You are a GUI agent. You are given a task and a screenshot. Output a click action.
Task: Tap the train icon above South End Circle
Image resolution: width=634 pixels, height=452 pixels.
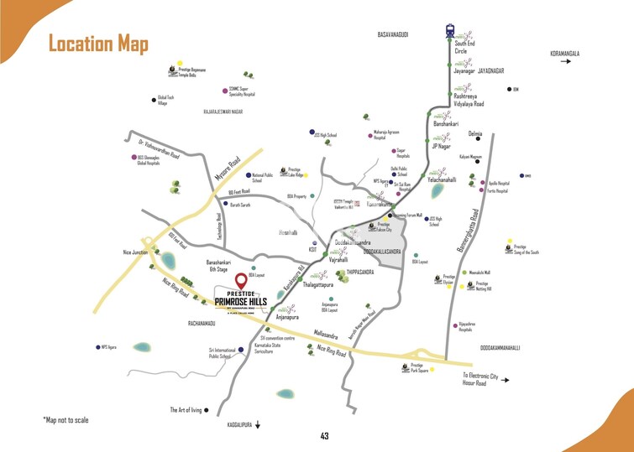(x=450, y=31)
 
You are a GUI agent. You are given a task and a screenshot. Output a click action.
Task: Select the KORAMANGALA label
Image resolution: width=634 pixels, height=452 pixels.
(x=564, y=55)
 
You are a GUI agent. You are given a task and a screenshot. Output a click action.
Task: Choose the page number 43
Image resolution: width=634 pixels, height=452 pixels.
(x=324, y=435)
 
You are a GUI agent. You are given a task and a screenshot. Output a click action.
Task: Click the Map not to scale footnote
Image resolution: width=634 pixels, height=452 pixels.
(x=65, y=419)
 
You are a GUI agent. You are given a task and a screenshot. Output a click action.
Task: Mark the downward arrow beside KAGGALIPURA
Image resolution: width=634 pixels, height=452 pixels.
(x=259, y=425)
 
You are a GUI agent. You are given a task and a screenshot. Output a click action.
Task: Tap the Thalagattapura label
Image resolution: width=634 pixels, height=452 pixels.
(x=317, y=284)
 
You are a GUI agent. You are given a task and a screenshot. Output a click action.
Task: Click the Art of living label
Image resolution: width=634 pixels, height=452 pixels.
(x=186, y=410)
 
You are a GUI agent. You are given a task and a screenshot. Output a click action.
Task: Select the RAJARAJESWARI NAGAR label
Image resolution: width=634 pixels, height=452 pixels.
(x=217, y=111)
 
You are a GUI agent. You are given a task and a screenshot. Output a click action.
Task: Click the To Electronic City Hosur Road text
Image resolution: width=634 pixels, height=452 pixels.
(x=479, y=379)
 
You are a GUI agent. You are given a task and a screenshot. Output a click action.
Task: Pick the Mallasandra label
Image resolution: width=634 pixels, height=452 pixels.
(x=326, y=334)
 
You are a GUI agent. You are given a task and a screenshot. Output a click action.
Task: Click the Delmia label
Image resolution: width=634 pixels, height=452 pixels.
(x=476, y=134)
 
